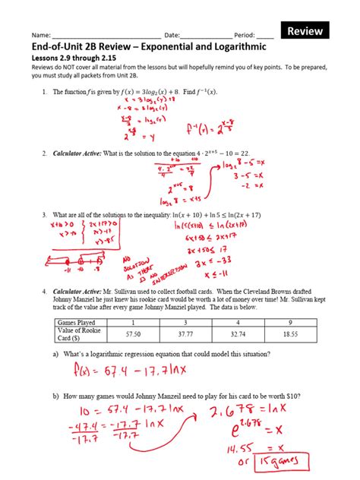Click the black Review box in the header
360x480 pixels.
306,31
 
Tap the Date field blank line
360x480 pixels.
207,36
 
